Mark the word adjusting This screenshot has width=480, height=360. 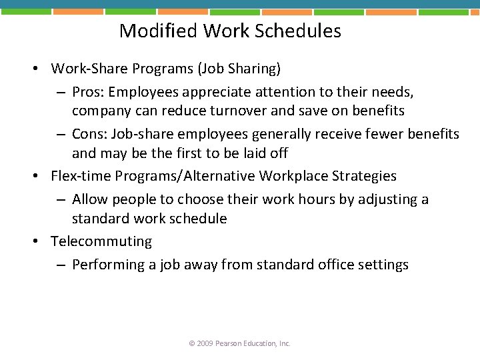pos(382,199)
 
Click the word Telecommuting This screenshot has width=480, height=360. pos(101,241)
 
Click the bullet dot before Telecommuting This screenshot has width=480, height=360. pos(40,242)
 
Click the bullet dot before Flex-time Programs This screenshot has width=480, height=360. pos(40,177)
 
